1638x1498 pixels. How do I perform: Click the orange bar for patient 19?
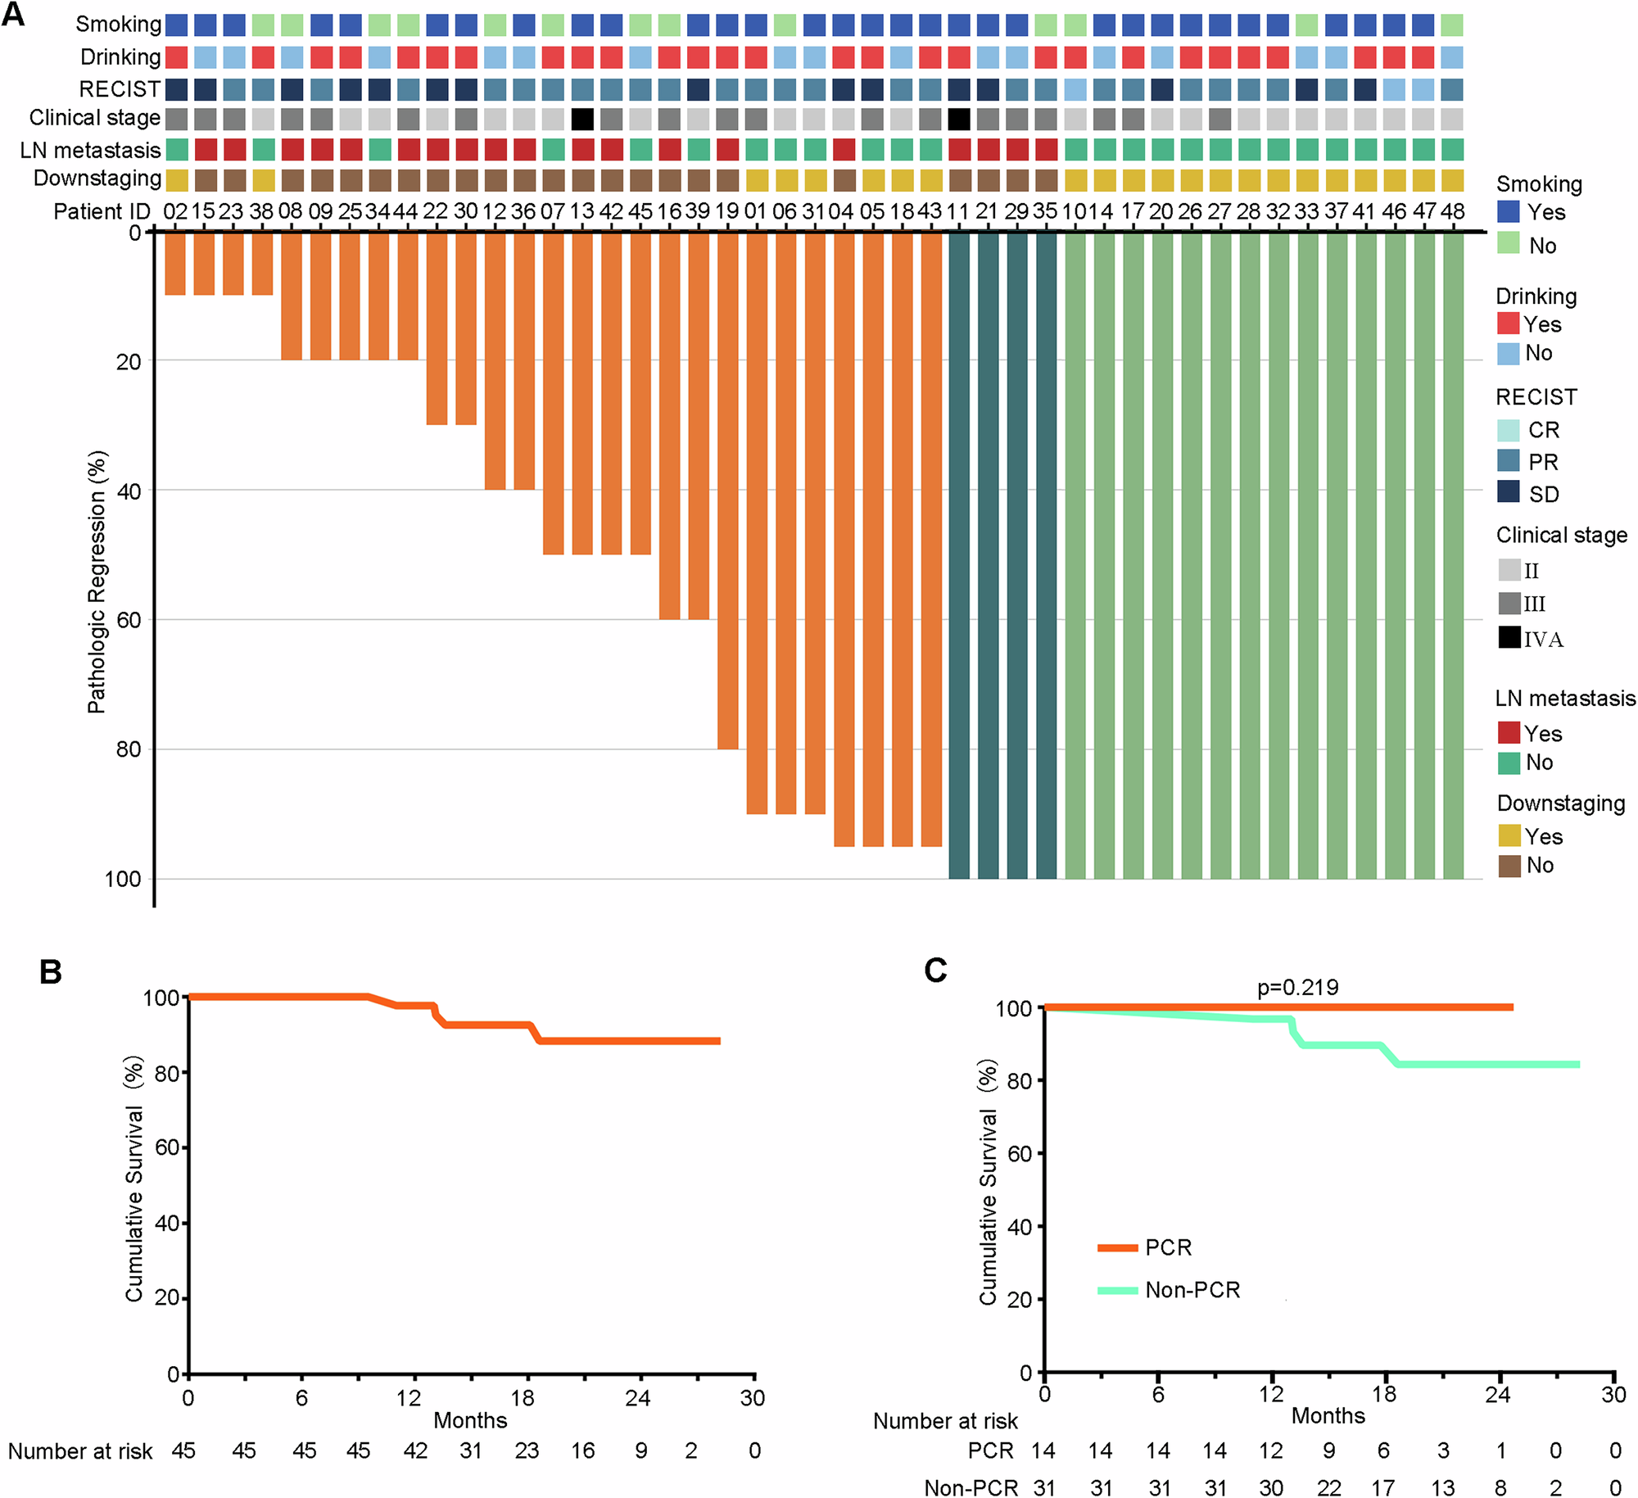pyautogui.click(x=727, y=491)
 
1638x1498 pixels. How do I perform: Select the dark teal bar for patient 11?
pyautogui.click(x=959, y=557)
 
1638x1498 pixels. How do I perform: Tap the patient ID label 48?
pyautogui.click(x=1452, y=211)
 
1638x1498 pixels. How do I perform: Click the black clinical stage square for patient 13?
pyautogui.click(x=582, y=120)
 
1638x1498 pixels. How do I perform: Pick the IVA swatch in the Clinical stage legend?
pyautogui.click(x=1509, y=637)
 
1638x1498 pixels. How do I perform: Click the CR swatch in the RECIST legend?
pyautogui.click(x=1508, y=430)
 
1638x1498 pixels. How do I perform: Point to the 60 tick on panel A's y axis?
pyautogui.click(x=129, y=620)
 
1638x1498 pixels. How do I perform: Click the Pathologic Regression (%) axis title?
pyautogui.click(x=97, y=582)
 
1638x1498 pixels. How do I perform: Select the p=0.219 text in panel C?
pyautogui.click(x=1298, y=987)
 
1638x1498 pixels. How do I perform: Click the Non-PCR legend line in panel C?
pyautogui.click(x=1117, y=1290)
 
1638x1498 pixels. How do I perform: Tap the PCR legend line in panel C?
pyautogui.click(x=1117, y=1247)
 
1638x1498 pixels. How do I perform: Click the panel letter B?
pyautogui.click(x=51, y=971)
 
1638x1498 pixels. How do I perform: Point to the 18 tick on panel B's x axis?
pyautogui.click(x=523, y=1397)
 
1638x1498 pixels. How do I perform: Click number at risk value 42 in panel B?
pyautogui.click(x=415, y=1450)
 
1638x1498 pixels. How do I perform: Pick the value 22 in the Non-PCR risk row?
pyautogui.click(x=1328, y=1487)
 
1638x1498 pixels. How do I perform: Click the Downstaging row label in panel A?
pyautogui.click(x=97, y=179)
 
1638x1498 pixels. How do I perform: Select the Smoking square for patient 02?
pyautogui.click(x=176, y=25)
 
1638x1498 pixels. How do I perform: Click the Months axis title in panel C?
pyautogui.click(x=1328, y=1415)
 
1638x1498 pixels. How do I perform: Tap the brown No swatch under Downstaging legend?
pyautogui.click(x=1509, y=866)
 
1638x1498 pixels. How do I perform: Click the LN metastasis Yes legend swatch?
pyautogui.click(x=1509, y=732)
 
